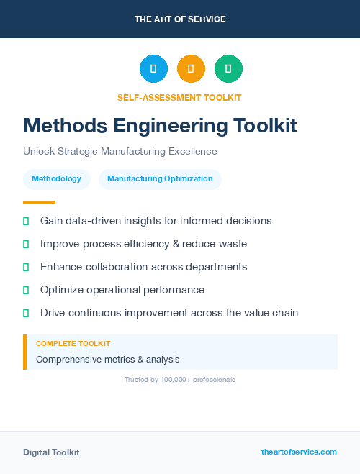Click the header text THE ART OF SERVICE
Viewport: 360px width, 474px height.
click(180, 19)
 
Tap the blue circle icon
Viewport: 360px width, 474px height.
click(153, 69)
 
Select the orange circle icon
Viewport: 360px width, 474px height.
click(191, 69)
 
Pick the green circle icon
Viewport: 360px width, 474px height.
click(228, 69)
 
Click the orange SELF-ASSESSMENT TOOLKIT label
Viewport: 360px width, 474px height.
click(180, 97)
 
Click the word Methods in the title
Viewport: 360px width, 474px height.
click(60, 126)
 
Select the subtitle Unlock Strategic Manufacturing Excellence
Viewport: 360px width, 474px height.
click(120, 152)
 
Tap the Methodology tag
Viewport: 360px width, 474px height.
click(57, 178)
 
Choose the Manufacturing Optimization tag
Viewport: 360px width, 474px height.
click(160, 178)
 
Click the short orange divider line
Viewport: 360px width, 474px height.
click(39, 202)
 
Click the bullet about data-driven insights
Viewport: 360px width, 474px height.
click(156, 221)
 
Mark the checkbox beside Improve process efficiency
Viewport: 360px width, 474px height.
click(26, 245)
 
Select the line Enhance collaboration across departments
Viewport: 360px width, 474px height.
click(143, 267)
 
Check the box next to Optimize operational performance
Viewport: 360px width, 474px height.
click(26, 291)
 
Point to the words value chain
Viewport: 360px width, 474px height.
click(270, 313)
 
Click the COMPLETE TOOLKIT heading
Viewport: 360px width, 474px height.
click(73, 344)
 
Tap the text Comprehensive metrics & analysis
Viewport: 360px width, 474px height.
click(107, 359)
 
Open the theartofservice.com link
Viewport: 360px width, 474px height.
click(299, 452)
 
